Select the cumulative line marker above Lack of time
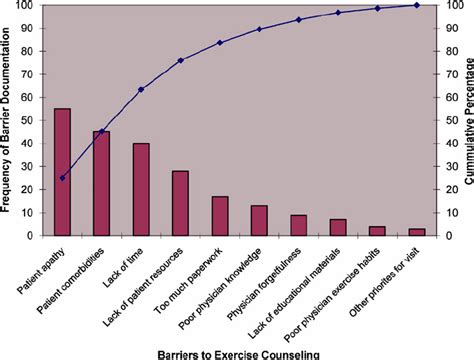click(141, 90)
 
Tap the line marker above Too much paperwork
click(220, 43)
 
